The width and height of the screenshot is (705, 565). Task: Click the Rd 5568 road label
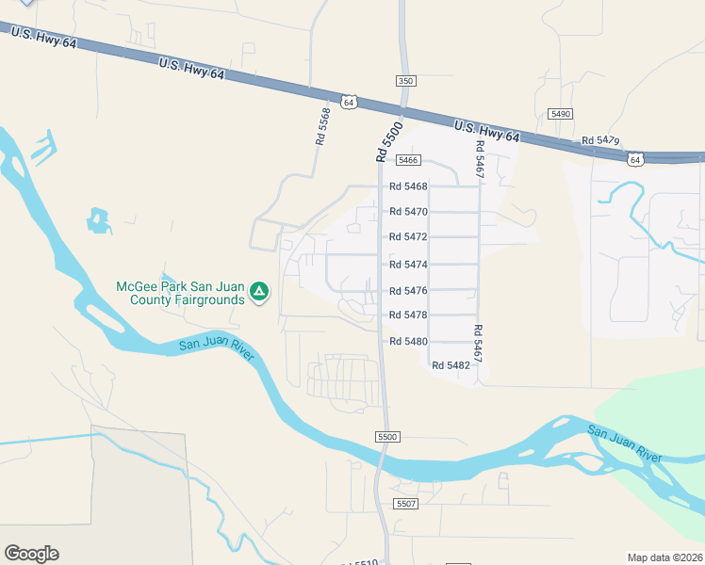323,126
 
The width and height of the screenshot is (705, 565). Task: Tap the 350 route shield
405,82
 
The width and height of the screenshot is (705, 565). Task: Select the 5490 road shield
561,113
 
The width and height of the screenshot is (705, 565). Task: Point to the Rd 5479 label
600,140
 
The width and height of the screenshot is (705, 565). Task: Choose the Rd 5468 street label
408,186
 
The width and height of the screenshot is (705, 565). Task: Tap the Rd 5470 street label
408,212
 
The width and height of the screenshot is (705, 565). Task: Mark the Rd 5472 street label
408,237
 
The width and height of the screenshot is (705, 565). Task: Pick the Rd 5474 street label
408,265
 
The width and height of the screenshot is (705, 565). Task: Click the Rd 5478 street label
408,315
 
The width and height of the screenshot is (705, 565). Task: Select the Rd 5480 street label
408,341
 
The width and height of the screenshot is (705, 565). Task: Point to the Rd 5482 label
451,364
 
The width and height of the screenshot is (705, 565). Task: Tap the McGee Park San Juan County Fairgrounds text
179,293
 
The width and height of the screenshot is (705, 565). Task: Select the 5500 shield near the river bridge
387,437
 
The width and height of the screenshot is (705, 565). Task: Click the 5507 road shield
406,505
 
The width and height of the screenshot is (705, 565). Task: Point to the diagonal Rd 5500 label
389,142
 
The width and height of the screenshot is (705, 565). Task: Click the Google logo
31,554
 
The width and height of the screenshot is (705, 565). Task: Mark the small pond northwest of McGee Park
98,221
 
